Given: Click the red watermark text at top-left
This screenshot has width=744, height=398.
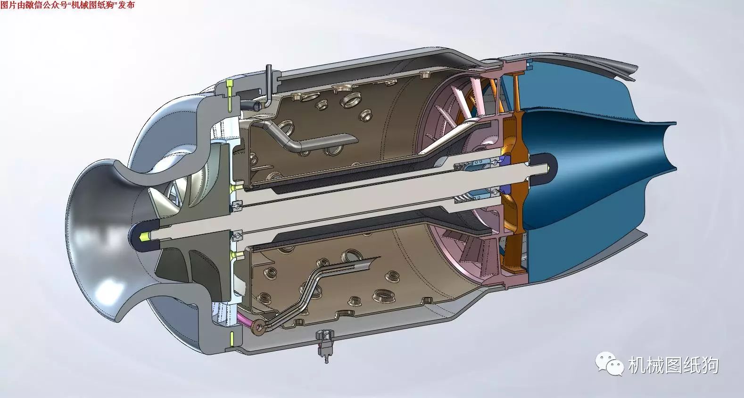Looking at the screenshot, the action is (x=67, y=5).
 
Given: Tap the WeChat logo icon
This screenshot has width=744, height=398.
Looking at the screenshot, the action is (x=609, y=364).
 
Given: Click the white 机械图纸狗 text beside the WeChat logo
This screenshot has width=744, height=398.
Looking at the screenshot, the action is (x=674, y=365).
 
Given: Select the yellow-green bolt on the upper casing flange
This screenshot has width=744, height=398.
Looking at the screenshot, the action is (x=229, y=96).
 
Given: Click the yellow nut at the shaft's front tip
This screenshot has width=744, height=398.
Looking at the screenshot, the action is (x=144, y=237).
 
